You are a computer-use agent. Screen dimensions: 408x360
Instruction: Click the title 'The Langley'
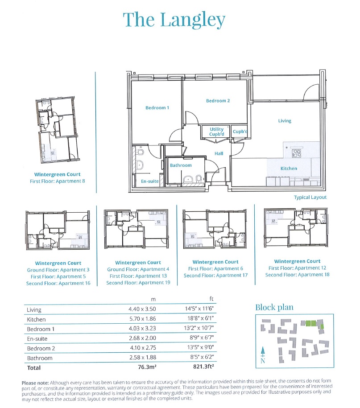pyautogui.click(x=174, y=20)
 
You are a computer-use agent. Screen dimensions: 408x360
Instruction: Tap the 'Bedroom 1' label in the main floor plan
pyautogui.click(x=157, y=108)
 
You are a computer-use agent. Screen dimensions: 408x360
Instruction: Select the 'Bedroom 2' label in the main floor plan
pyautogui.click(x=218, y=101)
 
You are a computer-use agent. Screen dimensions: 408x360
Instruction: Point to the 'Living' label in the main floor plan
pyautogui.click(x=285, y=121)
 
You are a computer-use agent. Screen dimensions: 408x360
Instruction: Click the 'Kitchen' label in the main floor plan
pyautogui.click(x=289, y=169)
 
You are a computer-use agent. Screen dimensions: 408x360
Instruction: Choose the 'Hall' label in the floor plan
pyautogui.click(x=219, y=154)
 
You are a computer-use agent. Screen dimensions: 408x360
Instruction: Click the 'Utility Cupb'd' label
pyautogui.click(x=217, y=132)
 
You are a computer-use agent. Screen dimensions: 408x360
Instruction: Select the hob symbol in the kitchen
pyautogui.click(x=297, y=154)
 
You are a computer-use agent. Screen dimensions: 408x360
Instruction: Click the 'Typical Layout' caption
pyautogui.click(x=310, y=197)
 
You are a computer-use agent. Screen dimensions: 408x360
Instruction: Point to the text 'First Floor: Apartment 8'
pyautogui.click(x=58, y=181)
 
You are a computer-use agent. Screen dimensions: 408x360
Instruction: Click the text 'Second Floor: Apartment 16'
pyautogui.click(x=58, y=284)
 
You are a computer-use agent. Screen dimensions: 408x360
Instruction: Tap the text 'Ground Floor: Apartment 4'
pyautogui.click(x=138, y=269)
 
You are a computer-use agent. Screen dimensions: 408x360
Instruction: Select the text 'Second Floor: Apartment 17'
pyautogui.click(x=215, y=276)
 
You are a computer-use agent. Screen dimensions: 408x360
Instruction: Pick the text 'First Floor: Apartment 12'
pyautogui.click(x=297, y=268)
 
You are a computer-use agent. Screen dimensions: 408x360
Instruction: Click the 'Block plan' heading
pyautogui.click(x=274, y=307)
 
